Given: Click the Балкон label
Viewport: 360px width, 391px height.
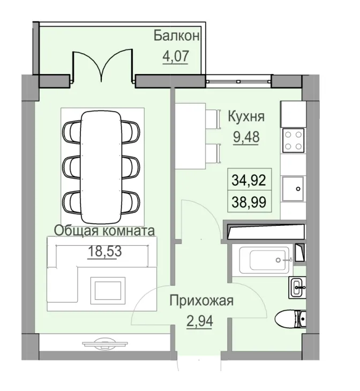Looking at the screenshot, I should point(177,36).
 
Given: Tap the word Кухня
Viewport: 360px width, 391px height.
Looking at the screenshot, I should point(246,117).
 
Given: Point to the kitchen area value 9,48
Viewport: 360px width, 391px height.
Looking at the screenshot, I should point(246,137).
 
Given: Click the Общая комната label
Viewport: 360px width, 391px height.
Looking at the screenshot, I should point(104,231).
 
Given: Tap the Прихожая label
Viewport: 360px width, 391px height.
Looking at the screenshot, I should point(201,300).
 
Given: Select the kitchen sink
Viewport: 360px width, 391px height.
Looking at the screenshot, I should point(294,188).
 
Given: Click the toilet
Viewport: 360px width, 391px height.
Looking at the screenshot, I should point(290,320).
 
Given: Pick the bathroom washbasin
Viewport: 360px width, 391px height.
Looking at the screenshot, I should point(297,289).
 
